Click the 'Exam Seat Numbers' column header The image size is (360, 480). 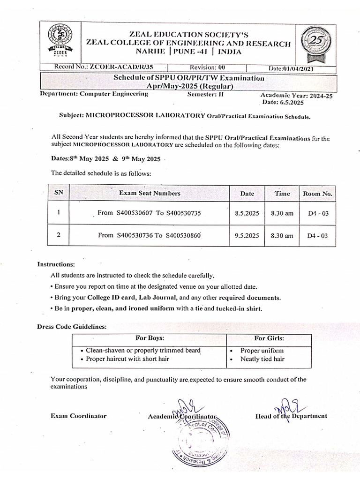pyautogui.click(x=150, y=193)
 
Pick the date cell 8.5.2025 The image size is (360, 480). pyautogui.click(x=247, y=213)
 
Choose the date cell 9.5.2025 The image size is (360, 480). pyautogui.click(x=247, y=236)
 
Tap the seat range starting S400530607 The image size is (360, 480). pyautogui.click(x=149, y=213)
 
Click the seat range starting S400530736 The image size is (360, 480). pyautogui.click(x=150, y=235)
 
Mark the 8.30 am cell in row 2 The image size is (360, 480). pyautogui.click(x=282, y=236)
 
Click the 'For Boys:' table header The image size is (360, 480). pyautogui.click(x=150, y=338)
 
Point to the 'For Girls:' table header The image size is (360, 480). pyautogui.click(x=269, y=338)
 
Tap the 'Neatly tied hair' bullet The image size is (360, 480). pyautogui.click(x=262, y=359)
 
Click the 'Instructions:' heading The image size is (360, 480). pyautogui.click(x=56, y=264)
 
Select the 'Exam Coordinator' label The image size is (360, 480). pyautogui.click(x=78, y=416)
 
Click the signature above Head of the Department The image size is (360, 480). pyautogui.click(x=284, y=404)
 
